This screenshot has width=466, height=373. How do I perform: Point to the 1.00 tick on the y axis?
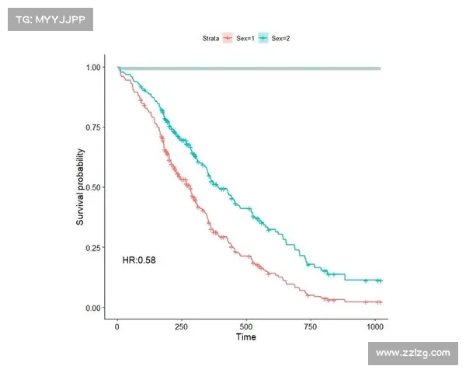(92, 68)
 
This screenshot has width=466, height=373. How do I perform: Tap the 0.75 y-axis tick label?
(92, 127)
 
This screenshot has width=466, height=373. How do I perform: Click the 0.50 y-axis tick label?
(92, 187)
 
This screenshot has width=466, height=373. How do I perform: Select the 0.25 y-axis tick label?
(92, 248)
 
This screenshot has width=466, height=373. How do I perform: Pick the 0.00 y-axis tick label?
(92, 309)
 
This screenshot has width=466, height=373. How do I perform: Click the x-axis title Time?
(245, 337)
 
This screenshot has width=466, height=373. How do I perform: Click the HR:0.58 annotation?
(139, 260)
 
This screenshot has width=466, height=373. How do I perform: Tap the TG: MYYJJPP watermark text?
(49, 19)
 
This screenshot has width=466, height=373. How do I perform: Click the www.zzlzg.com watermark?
(412, 354)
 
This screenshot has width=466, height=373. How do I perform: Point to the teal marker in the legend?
(263, 37)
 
